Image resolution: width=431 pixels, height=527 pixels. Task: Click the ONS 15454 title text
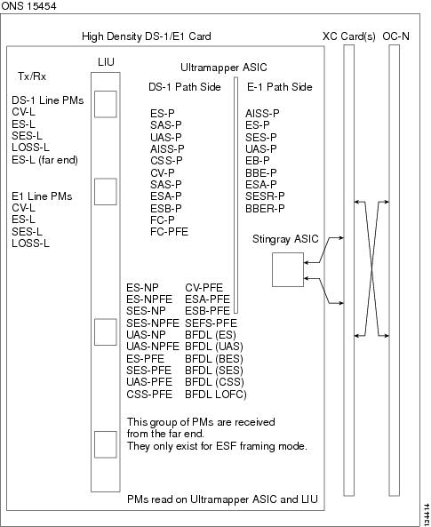pyautogui.click(x=28, y=5)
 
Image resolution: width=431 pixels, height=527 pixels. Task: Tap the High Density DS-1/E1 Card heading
pyautogui.click(x=147, y=36)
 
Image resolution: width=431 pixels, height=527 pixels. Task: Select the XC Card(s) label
pyautogui.click(x=349, y=36)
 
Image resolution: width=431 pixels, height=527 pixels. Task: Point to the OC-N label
pyautogui.click(x=395, y=36)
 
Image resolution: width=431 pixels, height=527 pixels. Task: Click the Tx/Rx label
pyautogui.click(x=32, y=76)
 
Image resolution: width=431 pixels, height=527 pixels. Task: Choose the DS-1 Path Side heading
pyautogui.click(x=185, y=87)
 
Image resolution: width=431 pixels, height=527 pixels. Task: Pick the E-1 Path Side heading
pyautogui.click(x=279, y=87)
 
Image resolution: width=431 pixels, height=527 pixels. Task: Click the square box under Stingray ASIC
pyautogui.click(x=288, y=269)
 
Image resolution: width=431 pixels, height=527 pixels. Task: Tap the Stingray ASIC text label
pyautogui.click(x=285, y=239)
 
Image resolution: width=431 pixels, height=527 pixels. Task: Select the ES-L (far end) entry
pyautogui.click(x=44, y=160)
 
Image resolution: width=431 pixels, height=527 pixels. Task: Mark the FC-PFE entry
pyautogui.click(x=169, y=232)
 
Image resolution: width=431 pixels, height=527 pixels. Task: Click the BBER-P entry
pyautogui.click(x=265, y=208)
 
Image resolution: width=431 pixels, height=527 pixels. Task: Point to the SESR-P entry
pyautogui.click(x=265, y=196)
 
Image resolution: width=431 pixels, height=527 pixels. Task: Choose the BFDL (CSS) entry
pyautogui.click(x=214, y=382)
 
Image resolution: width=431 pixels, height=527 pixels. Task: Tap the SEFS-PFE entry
pyautogui.click(x=211, y=323)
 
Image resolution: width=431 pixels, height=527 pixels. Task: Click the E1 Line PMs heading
pyautogui.click(x=42, y=196)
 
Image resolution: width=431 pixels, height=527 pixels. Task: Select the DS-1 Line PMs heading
pyautogui.click(x=47, y=100)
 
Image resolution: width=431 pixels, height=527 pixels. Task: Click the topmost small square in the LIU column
pyautogui.click(x=105, y=104)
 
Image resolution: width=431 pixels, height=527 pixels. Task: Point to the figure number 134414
pyautogui.click(x=427, y=512)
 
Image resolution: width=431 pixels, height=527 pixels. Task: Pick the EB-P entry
pyautogui.click(x=257, y=161)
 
